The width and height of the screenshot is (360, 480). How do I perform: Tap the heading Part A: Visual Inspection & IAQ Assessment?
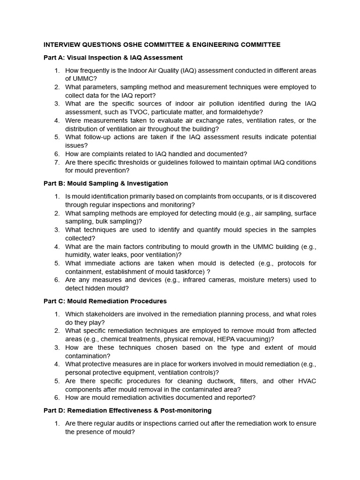113,57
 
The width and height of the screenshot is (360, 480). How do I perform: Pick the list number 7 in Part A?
57,162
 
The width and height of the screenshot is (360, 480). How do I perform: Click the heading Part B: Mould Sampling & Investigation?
105,183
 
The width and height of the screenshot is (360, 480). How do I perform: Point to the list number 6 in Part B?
57,280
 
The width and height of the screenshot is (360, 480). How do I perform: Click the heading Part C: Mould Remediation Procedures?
105,301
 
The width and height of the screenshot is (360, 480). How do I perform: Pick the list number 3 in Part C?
57,347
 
